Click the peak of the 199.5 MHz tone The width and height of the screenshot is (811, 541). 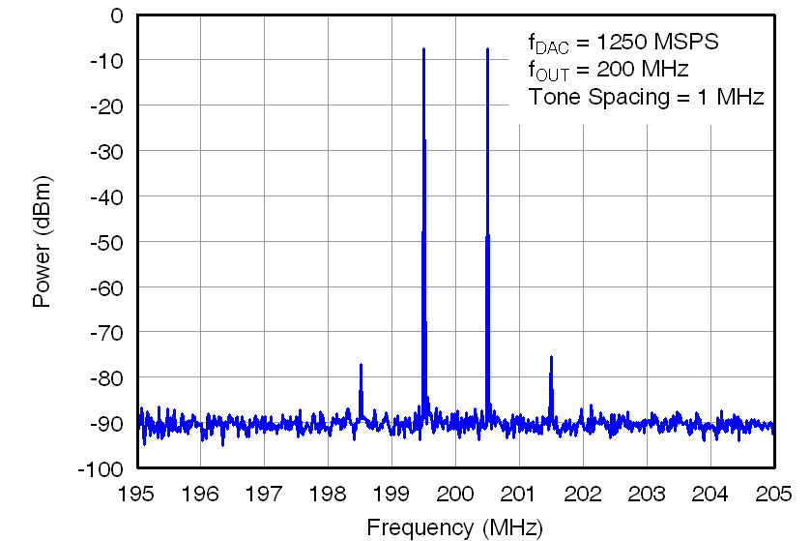coord(423,49)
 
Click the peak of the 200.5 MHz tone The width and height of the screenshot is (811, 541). coord(487,49)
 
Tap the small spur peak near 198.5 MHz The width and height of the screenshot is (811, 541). coord(361,365)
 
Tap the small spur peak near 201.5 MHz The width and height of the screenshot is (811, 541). coord(551,357)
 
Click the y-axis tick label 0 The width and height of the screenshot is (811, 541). coord(117,15)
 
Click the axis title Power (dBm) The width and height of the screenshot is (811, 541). coord(42,242)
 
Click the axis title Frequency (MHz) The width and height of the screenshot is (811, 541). coord(454,527)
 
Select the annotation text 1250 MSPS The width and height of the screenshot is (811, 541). coord(657,43)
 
